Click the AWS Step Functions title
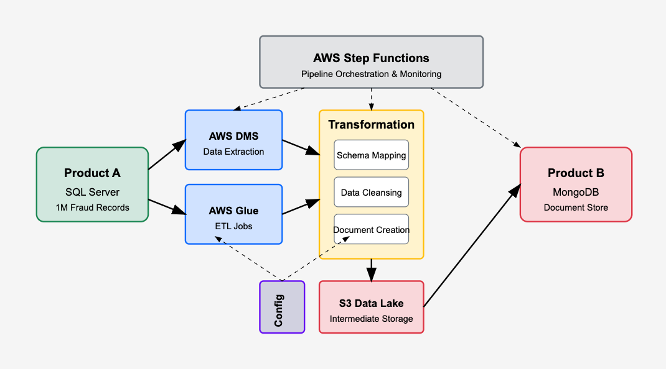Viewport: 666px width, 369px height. point(371,58)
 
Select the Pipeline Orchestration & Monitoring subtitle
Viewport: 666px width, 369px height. point(371,74)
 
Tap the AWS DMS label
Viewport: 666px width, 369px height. point(233,136)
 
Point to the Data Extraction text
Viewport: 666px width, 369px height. point(233,152)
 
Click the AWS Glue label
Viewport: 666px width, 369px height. point(233,211)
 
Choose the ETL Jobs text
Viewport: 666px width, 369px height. point(233,226)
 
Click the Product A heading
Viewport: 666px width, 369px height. point(92,173)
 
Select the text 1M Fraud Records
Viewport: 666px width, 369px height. point(92,207)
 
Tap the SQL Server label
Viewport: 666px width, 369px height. point(92,192)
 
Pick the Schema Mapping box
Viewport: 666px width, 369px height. point(371,155)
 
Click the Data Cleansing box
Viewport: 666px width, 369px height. point(371,193)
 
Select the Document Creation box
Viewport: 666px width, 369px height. point(371,230)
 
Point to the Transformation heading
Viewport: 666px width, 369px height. point(371,124)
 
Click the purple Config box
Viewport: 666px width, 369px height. point(282,307)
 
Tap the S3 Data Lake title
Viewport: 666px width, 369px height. point(371,303)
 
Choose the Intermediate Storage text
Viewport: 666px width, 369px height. point(371,319)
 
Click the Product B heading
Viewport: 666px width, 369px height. point(576,173)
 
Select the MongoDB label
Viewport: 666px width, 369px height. point(576,192)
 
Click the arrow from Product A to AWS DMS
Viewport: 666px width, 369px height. point(167,155)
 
